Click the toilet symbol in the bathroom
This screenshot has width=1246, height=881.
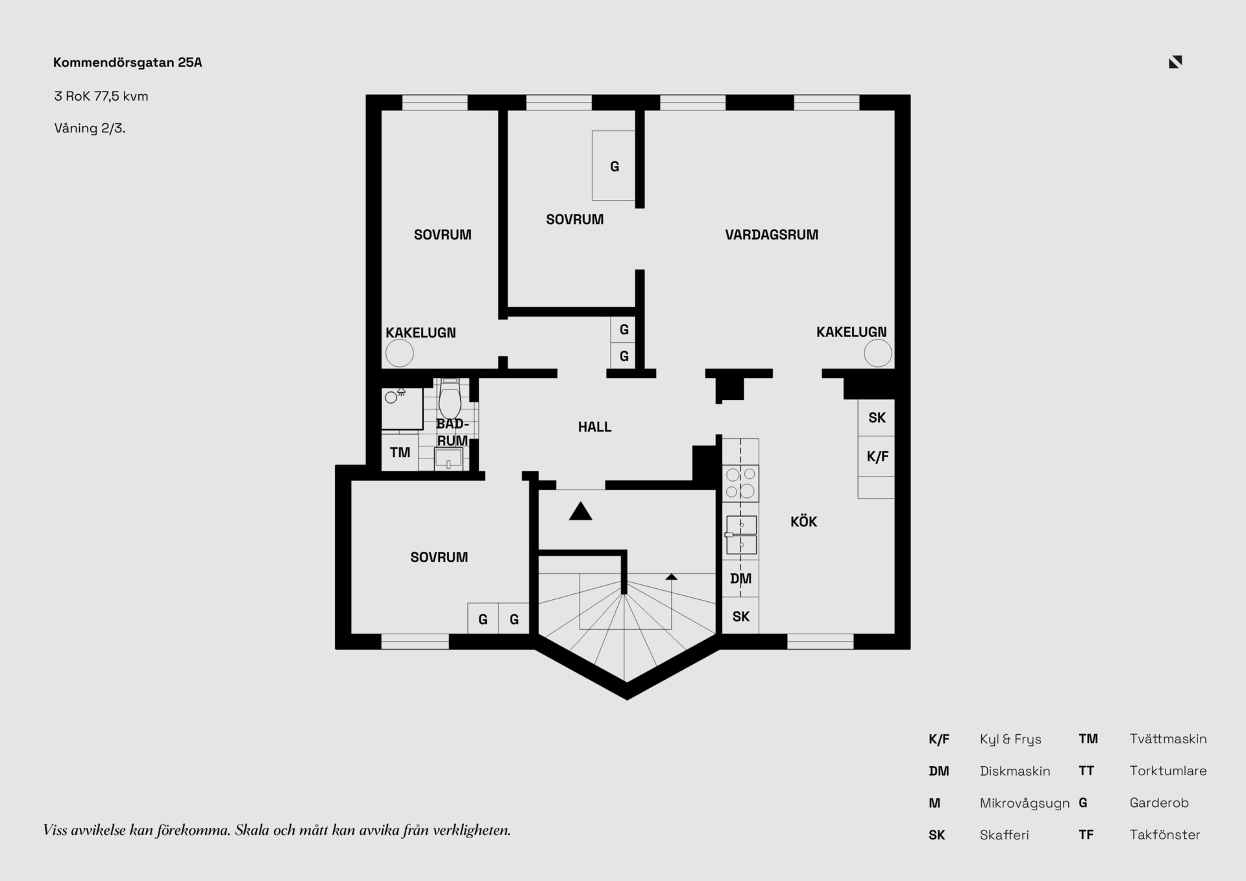click(x=450, y=399)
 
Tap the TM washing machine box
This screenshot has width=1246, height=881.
click(x=400, y=453)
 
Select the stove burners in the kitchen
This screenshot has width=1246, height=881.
click(x=740, y=483)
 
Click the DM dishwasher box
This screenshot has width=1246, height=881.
click(x=740, y=578)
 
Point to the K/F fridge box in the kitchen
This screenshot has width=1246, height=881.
click(x=876, y=456)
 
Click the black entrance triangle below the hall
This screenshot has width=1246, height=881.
click(x=581, y=512)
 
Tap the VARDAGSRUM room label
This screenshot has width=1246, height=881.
click(x=772, y=234)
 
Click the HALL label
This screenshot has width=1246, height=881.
click(x=594, y=427)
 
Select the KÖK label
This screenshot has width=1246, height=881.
click(x=803, y=521)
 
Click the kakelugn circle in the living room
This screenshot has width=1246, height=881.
click(x=877, y=354)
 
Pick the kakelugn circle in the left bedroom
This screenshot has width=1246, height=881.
click(x=400, y=354)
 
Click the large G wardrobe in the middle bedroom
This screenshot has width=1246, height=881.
click(x=614, y=166)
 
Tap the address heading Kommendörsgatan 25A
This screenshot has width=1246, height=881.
click(x=128, y=62)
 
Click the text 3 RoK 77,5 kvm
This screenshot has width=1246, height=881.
click(x=101, y=96)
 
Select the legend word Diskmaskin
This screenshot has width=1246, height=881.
click(x=1015, y=771)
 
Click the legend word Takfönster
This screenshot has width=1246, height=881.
click(x=1165, y=834)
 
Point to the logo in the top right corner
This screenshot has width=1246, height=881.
click(x=1175, y=62)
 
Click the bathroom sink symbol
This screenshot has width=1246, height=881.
click(x=448, y=458)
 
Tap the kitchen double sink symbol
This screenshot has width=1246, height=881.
click(x=741, y=535)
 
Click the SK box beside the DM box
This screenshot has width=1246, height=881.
click(x=740, y=616)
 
